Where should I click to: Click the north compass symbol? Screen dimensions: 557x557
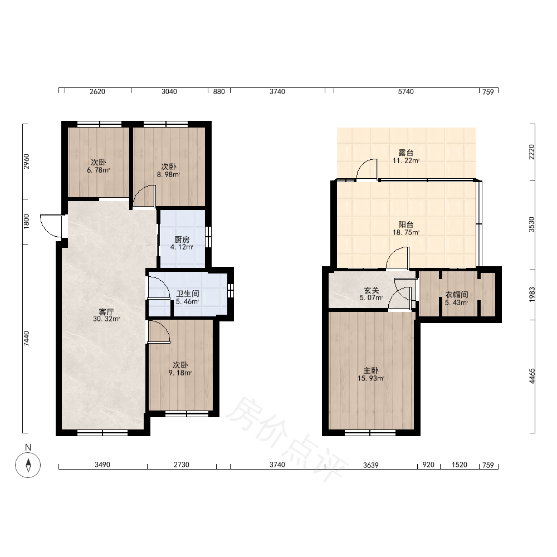tap(28, 465)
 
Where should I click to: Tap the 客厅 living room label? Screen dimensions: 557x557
tap(106, 312)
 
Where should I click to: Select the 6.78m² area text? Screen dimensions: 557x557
tap(99, 170)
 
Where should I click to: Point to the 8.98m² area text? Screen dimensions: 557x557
tap(169, 174)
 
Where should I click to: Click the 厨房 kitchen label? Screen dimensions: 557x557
tap(182, 240)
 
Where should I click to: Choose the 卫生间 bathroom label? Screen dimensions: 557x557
tap(188, 294)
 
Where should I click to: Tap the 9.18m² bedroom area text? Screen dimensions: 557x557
tap(180, 373)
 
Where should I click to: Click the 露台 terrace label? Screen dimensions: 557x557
tap(406, 153)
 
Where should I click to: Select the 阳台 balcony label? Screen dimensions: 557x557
tap(406, 224)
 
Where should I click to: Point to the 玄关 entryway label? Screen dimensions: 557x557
tap(371, 290)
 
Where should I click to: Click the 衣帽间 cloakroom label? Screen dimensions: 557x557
tap(457, 295)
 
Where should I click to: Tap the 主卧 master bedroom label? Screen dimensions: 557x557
tap(371, 370)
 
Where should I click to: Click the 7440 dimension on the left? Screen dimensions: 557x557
tap(26, 339)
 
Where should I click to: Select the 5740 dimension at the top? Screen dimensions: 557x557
tap(405, 92)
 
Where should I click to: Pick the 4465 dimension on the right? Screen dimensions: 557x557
tap(532, 376)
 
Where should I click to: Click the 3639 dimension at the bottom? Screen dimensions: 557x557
tap(370, 465)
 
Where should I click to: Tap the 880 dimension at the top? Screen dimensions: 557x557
tap(219, 92)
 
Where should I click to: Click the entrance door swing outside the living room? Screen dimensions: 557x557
tap(51, 226)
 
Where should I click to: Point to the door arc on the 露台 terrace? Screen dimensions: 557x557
tap(367, 169)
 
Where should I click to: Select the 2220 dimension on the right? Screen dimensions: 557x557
tap(532, 152)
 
